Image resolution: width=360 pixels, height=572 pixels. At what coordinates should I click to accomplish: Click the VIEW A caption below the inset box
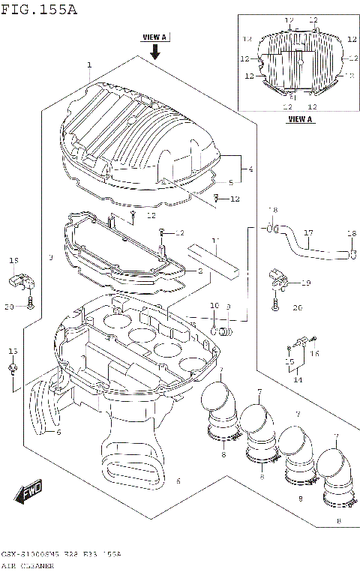point(300,119)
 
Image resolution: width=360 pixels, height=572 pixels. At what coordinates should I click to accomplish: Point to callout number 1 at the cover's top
point(88,65)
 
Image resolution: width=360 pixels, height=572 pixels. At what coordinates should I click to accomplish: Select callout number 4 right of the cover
point(250,169)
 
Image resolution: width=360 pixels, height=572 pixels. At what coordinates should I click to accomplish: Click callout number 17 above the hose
point(307,233)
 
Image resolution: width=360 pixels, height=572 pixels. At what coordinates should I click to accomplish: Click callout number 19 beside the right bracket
point(305,283)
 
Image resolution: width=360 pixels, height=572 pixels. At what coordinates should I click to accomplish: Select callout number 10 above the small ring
point(214,307)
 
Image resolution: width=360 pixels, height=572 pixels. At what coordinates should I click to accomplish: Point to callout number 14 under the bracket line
point(298,380)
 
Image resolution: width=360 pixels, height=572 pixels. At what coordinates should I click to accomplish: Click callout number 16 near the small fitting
point(315,352)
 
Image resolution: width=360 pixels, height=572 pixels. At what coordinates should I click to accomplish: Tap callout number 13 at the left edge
point(11,351)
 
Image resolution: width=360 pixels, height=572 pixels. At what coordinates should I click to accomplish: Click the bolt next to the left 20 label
point(30,303)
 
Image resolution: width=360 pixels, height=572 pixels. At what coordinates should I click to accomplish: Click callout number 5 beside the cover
point(230,182)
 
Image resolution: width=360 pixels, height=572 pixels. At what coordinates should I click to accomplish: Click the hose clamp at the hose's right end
point(352,255)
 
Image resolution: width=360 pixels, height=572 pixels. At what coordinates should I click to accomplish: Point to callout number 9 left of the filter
point(50,258)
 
